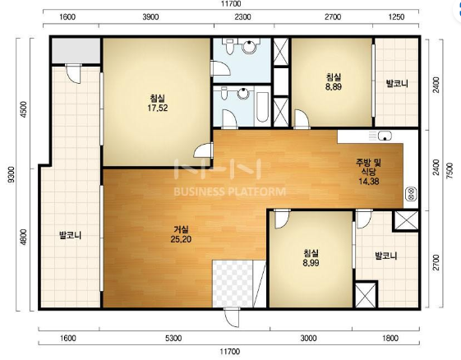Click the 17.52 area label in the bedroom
pyautogui.click(x=158, y=108)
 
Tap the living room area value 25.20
pyautogui.click(x=181, y=239)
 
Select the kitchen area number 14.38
pyautogui.click(x=369, y=181)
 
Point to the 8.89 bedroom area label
pyautogui.click(x=334, y=87)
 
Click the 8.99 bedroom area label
pyautogui.click(x=311, y=263)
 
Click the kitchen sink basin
pyautogui.click(x=385, y=136)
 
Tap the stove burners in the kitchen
pyautogui.click(x=411, y=194)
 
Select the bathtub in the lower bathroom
pyautogui.click(x=262, y=108)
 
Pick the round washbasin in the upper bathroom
pyautogui.click(x=249, y=47)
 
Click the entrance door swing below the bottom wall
pyautogui.click(x=232, y=317)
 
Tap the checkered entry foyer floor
pyautogui.click(x=233, y=284)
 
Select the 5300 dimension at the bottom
pyautogui.click(x=173, y=339)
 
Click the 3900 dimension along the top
pyautogui.click(x=150, y=16)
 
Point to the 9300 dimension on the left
pyautogui.click(x=12, y=174)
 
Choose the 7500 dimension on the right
pyautogui.click(x=449, y=171)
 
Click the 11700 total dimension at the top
pyautogui.click(x=231, y=3)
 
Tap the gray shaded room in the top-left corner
pyautogui.click(x=76, y=50)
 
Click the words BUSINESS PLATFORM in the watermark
pyautogui.click(x=229, y=192)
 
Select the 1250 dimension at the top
pyautogui.click(x=396, y=16)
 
